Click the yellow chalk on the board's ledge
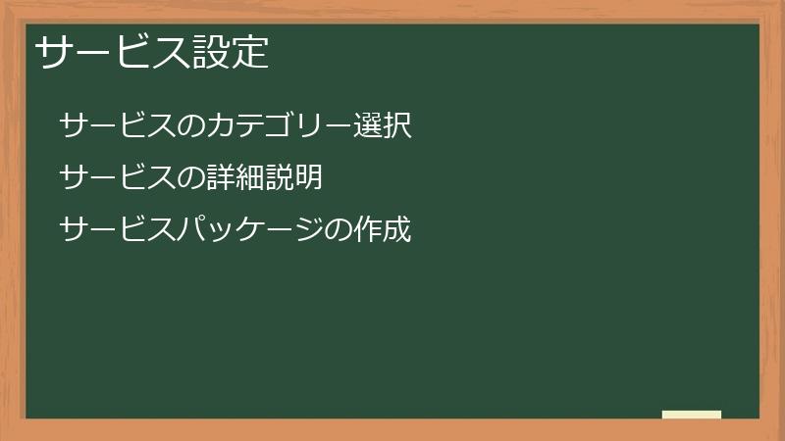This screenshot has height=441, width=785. coord(692,415)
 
